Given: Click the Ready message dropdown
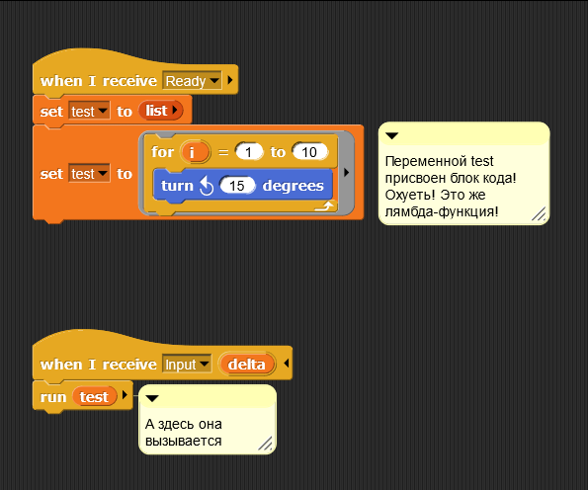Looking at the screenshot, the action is tap(192, 81).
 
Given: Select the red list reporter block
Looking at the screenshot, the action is tap(160, 111).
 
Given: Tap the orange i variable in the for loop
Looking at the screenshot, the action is tap(195, 152).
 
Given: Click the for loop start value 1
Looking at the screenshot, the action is tap(248, 152).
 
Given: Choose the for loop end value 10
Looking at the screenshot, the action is tap(309, 152).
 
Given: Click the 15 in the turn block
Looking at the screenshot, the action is tap(237, 186).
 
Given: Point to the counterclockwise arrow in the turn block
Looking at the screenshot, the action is tap(207, 186).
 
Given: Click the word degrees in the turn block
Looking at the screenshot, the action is tap(293, 186).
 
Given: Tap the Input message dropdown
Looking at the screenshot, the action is tap(187, 364).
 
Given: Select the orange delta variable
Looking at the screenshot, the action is tap(247, 364).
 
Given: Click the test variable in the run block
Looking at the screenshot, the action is tap(94, 397).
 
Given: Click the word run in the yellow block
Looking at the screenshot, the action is tap(53, 397).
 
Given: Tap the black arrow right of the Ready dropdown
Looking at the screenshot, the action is tap(230, 80).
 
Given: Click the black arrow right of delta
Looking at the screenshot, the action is tap(287, 364).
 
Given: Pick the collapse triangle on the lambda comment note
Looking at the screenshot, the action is tap(392, 135).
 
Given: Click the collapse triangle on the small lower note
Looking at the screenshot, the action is tap(152, 398).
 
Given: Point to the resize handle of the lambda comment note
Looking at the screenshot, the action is tap(539, 213).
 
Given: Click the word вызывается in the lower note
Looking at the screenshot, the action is tap(184, 441).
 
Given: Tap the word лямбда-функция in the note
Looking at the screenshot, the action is tap(442, 211).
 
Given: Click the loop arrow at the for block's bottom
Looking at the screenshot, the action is tap(324, 205).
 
